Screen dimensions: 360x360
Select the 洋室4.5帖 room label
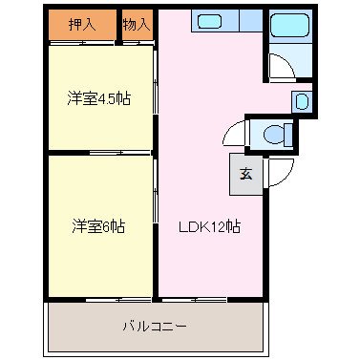click(98, 97)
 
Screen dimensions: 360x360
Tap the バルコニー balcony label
click(154, 326)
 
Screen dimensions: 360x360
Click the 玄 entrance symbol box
click(244, 174)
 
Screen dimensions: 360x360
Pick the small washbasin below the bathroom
click(300, 100)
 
